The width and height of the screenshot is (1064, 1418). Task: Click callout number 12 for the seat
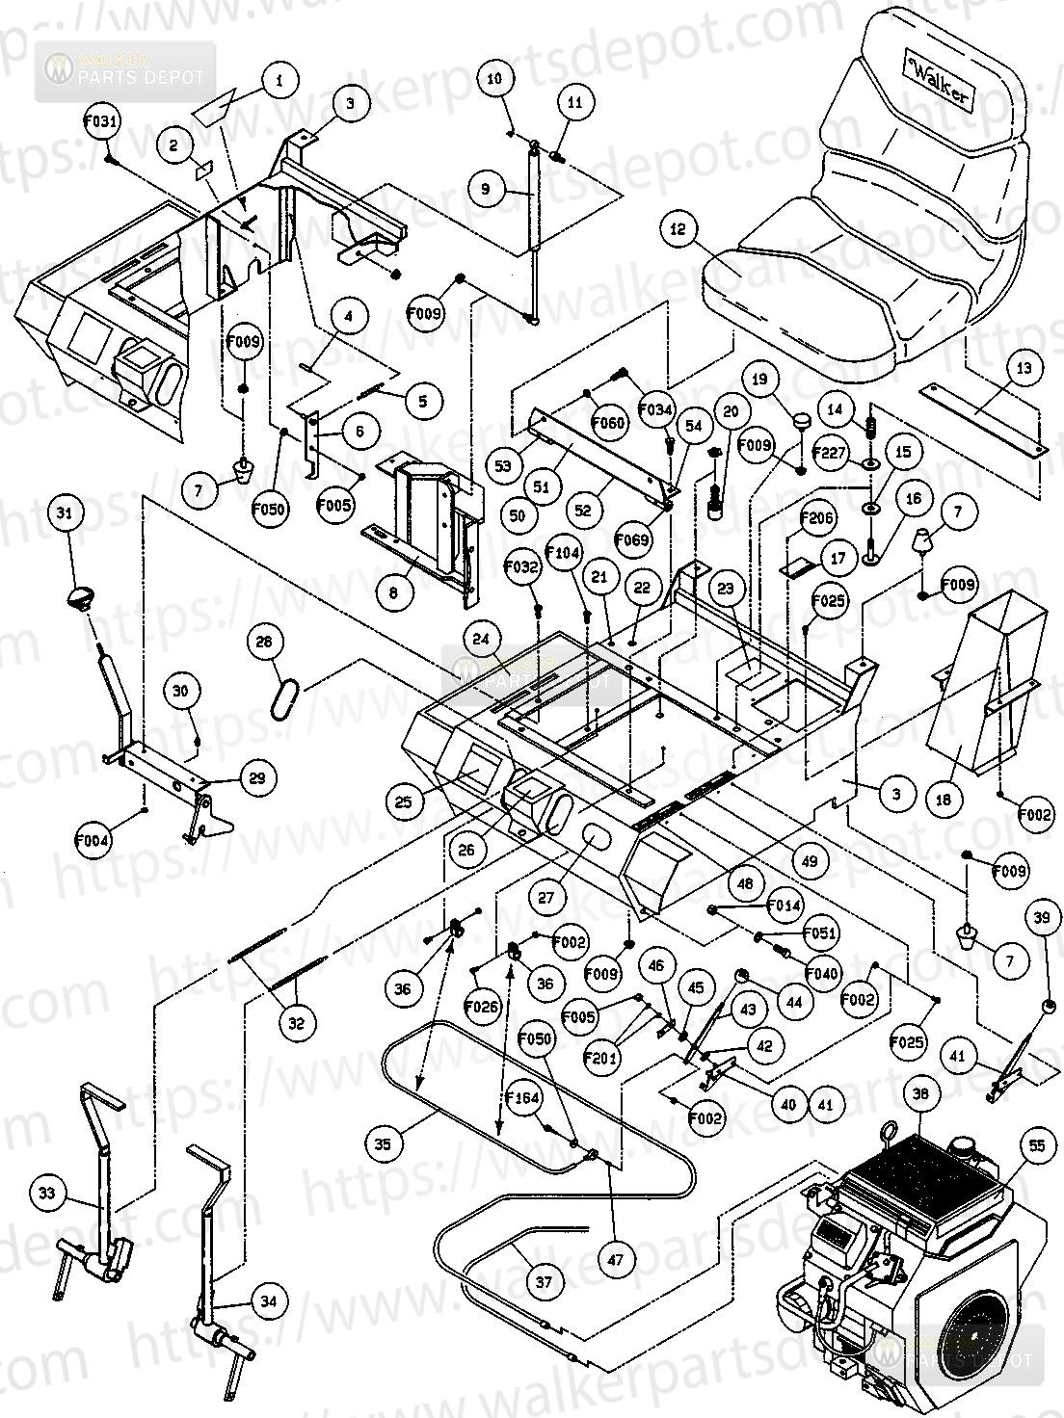705,228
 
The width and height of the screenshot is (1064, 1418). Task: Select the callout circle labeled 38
920,1095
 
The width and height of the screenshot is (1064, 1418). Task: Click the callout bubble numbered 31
65,514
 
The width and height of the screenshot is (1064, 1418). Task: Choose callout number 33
47,1195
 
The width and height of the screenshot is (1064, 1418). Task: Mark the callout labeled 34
268,1302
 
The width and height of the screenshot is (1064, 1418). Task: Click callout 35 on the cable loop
384,1144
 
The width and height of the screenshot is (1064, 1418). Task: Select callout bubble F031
102,122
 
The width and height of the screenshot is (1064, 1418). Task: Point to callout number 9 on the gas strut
485,188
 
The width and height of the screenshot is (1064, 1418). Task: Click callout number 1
279,81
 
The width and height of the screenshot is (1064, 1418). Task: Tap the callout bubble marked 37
545,1282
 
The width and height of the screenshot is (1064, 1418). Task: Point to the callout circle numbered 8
393,594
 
